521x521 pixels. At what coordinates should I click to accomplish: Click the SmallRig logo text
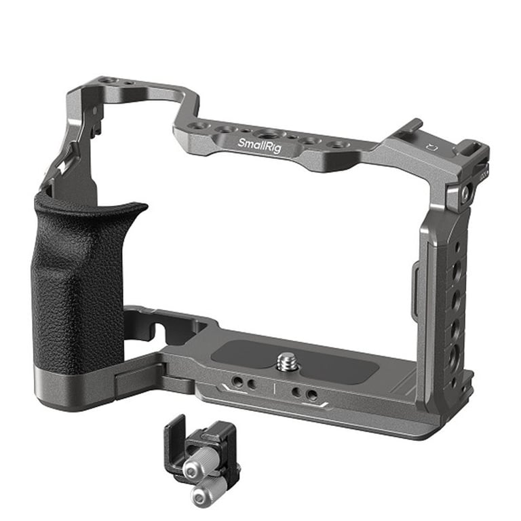(259, 146)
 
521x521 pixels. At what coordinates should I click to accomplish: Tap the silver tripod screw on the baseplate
(286, 362)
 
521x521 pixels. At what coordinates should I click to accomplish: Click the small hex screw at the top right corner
(465, 192)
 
